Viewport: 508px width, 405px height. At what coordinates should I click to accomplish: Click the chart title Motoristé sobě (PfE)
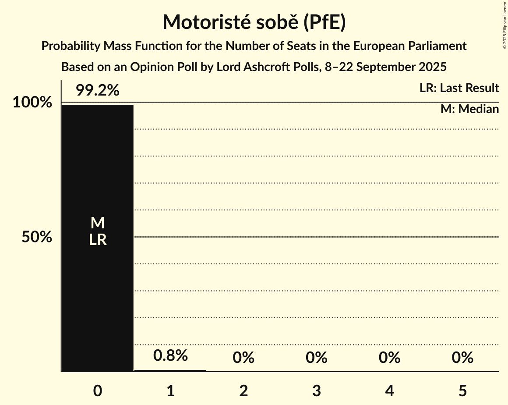(254, 22)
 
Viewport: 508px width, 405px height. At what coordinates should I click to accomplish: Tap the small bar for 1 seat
(170, 370)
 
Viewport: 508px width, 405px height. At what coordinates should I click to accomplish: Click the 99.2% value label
(97, 91)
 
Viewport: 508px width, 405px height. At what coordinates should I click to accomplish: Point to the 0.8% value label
(170, 355)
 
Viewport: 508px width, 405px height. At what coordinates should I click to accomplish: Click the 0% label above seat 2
(243, 358)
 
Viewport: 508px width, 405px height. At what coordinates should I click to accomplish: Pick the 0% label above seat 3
(317, 358)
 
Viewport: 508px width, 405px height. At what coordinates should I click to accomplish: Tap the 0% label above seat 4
(389, 358)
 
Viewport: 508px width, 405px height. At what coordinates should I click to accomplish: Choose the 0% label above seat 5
(462, 358)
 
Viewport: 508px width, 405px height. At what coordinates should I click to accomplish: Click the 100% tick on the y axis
(32, 103)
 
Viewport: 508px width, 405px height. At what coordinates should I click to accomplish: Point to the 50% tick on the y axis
(37, 237)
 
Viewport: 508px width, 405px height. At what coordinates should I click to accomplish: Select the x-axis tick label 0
(97, 391)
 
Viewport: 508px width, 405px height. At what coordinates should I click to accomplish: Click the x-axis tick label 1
(170, 391)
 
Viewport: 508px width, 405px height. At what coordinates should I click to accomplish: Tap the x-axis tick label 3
(317, 391)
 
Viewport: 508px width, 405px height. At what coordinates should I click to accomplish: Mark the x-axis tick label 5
(462, 391)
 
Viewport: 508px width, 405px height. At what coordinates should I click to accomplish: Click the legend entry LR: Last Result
(459, 88)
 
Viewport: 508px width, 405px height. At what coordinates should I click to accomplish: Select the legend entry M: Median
(469, 109)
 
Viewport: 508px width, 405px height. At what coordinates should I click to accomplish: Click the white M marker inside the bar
(97, 224)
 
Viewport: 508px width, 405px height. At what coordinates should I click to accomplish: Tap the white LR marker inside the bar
(97, 240)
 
